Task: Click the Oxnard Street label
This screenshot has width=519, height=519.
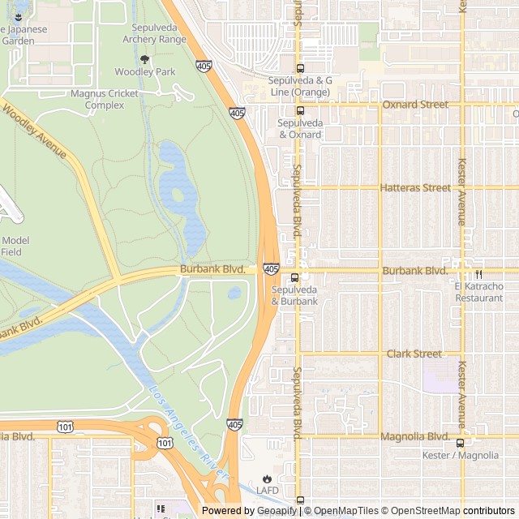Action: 414,105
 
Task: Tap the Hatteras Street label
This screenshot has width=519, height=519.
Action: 414,187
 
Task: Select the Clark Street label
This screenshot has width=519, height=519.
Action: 414,354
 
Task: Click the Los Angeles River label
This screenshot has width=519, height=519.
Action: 189,429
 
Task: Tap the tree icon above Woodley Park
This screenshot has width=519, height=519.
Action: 144,59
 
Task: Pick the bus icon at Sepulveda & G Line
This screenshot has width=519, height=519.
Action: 300,69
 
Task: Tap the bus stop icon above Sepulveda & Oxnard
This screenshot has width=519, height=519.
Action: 300,110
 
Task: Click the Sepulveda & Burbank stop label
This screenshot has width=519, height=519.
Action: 294,296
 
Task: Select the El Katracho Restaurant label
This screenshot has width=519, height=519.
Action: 478,292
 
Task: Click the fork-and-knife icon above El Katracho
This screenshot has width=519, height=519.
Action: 478,274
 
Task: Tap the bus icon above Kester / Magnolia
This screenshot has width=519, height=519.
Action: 461,443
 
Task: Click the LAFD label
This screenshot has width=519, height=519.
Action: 267,491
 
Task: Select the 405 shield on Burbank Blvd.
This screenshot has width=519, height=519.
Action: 271,268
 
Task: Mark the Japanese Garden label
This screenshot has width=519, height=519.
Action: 24,35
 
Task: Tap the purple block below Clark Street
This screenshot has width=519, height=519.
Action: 440,376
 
